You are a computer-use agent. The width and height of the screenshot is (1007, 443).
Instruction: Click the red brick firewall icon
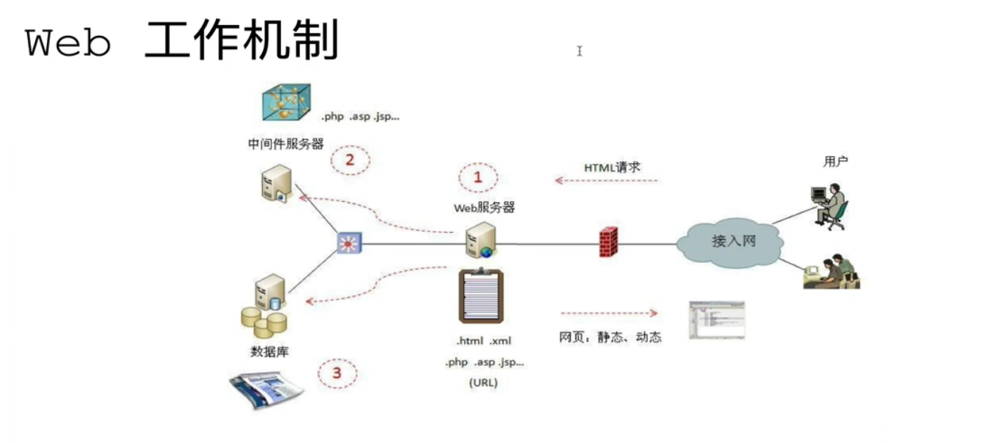608,242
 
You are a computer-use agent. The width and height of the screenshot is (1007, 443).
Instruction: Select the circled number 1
479,177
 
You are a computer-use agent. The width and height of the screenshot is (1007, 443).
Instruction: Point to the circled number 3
337,373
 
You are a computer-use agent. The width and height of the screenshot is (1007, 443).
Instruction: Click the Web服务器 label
484,208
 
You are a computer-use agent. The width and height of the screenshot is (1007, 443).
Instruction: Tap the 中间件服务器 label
285,144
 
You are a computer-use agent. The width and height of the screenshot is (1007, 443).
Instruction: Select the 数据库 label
269,351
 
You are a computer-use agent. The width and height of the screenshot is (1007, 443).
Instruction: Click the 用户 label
835,162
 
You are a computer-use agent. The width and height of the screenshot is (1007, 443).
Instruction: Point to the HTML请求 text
612,167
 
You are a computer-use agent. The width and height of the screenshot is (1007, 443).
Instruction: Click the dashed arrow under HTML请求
607,181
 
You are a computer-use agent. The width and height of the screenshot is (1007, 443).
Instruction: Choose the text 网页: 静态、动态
610,338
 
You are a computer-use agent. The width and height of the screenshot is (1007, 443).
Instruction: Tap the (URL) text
483,382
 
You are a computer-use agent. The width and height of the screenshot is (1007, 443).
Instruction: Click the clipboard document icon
481,296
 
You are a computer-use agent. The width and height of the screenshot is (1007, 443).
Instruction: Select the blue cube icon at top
286,102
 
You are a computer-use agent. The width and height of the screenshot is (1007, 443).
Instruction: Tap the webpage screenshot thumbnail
716,320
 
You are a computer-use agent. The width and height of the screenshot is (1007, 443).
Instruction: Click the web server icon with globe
482,240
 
